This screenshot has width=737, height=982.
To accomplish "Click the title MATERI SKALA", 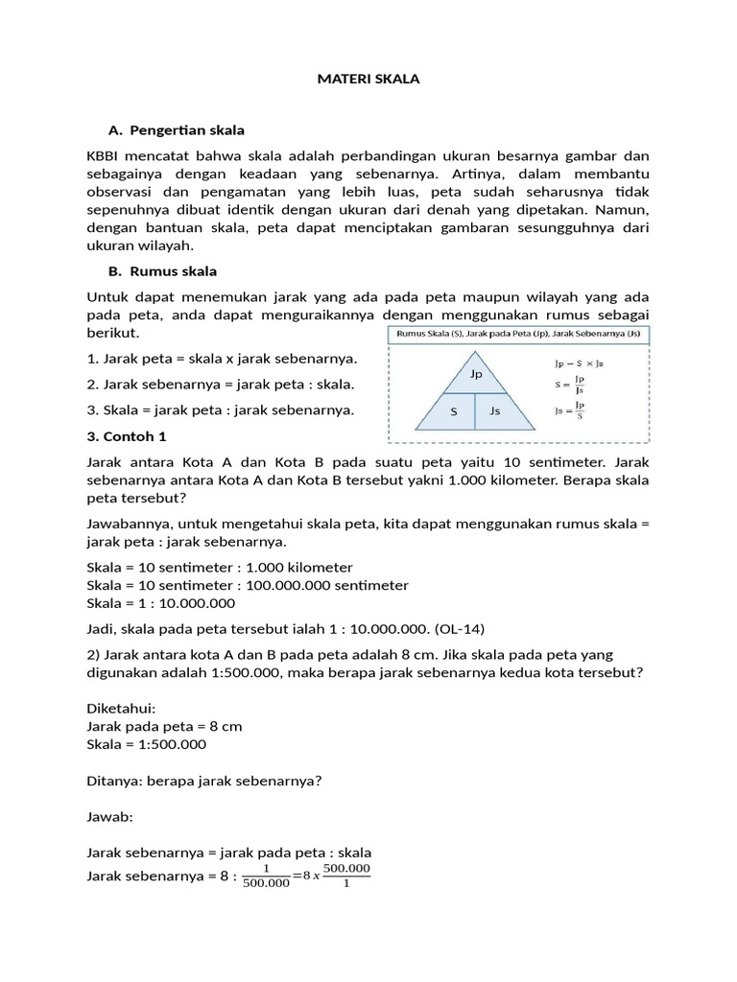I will (x=368, y=80).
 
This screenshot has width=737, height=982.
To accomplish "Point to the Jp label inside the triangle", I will (x=476, y=374).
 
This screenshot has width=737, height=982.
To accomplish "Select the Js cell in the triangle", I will (x=495, y=410).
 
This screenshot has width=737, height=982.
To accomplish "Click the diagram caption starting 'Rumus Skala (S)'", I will (x=518, y=334).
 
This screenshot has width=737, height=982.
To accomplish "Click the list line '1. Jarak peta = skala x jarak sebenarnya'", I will (x=222, y=358).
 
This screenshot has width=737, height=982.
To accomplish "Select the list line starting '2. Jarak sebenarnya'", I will (x=221, y=384).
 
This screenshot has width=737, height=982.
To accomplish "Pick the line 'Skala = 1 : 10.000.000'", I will (x=160, y=603).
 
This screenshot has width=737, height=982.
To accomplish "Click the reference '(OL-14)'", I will (x=460, y=628).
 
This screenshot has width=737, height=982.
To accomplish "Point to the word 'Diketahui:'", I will (x=120, y=709).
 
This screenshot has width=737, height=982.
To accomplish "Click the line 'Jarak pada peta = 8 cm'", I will (x=164, y=726).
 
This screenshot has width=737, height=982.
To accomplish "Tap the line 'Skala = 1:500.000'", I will (x=146, y=743).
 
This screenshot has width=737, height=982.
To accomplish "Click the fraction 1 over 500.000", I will (x=266, y=877).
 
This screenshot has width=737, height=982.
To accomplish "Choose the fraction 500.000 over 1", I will (x=345, y=877).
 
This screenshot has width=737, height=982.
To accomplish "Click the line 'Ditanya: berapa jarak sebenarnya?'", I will (x=203, y=780).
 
